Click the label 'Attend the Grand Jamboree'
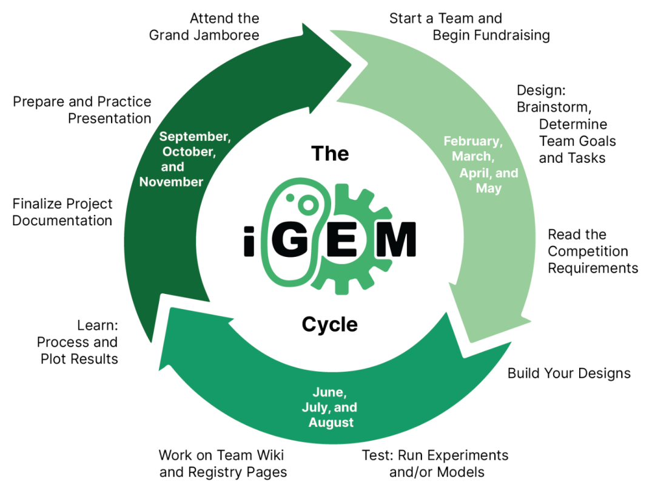tap(204, 27)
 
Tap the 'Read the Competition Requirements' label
tap(593, 251)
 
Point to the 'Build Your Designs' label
tap(569, 373)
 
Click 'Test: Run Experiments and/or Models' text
tap(435, 463)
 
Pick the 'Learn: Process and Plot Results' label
tap(78, 343)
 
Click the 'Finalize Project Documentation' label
tap(62, 213)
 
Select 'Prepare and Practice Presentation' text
tap(82, 110)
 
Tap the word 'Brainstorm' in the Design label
tap(554, 107)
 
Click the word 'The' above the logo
tap(330, 154)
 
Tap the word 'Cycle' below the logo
tap(330, 325)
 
